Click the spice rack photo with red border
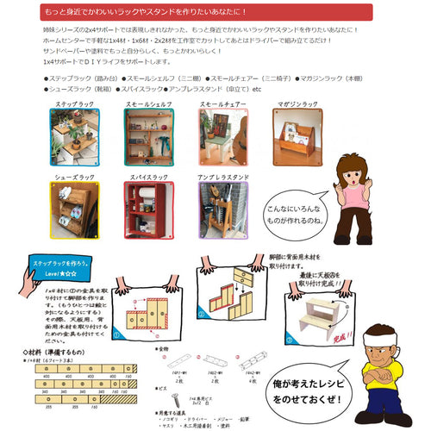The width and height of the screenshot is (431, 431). click(x=144, y=208)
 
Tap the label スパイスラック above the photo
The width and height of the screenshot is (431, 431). click(x=144, y=175)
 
